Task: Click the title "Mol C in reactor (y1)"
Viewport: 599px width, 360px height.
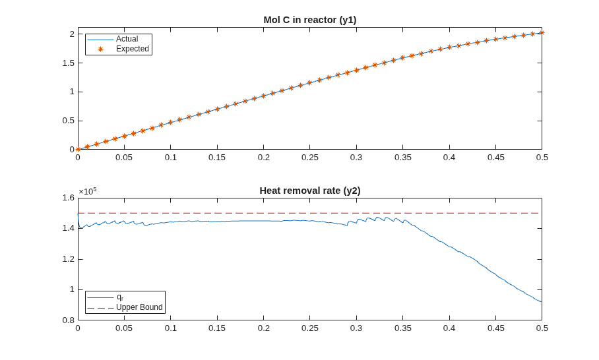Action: tap(310, 20)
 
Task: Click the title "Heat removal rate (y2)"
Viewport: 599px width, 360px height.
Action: tap(310, 191)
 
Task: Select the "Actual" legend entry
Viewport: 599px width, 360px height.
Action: tap(127, 39)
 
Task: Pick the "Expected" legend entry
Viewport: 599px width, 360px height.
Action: tap(132, 49)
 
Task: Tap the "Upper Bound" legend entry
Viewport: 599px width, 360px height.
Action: tap(139, 307)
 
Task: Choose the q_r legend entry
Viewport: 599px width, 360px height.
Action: tap(119, 297)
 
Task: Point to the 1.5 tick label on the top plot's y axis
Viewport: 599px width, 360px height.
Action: tap(69, 63)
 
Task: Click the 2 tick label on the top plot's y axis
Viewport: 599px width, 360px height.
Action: tap(72, 34)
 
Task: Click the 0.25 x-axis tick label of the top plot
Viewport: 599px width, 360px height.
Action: tap(310, 158)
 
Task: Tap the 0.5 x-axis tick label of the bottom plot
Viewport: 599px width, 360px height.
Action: tap(542, 328)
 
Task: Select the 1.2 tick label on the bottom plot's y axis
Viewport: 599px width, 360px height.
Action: tap(69, 259)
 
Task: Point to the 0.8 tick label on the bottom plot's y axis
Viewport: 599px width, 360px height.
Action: tap(69, 320)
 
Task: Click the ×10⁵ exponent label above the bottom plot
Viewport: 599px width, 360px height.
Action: tap(88, 191)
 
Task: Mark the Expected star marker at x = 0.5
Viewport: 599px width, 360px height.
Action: tap(542, 33)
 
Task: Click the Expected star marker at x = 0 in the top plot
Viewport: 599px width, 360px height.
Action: tap(78, 149)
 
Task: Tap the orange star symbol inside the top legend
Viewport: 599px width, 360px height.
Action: tap(100, 49)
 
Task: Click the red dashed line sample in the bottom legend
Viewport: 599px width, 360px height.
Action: tap(100, 308)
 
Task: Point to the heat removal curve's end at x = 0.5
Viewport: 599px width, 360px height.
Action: tap(542, 302)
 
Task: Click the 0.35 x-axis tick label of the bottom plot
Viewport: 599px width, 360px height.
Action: tap(402, 328)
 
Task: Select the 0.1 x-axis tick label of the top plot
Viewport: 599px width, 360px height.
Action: tap(171, 158)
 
